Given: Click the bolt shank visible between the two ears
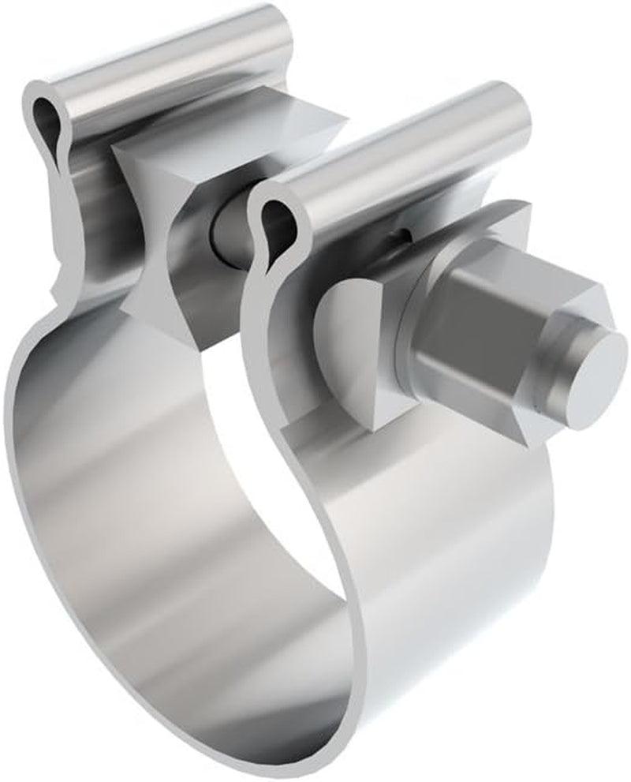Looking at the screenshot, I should pyautogui.click(x=229, y=229).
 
